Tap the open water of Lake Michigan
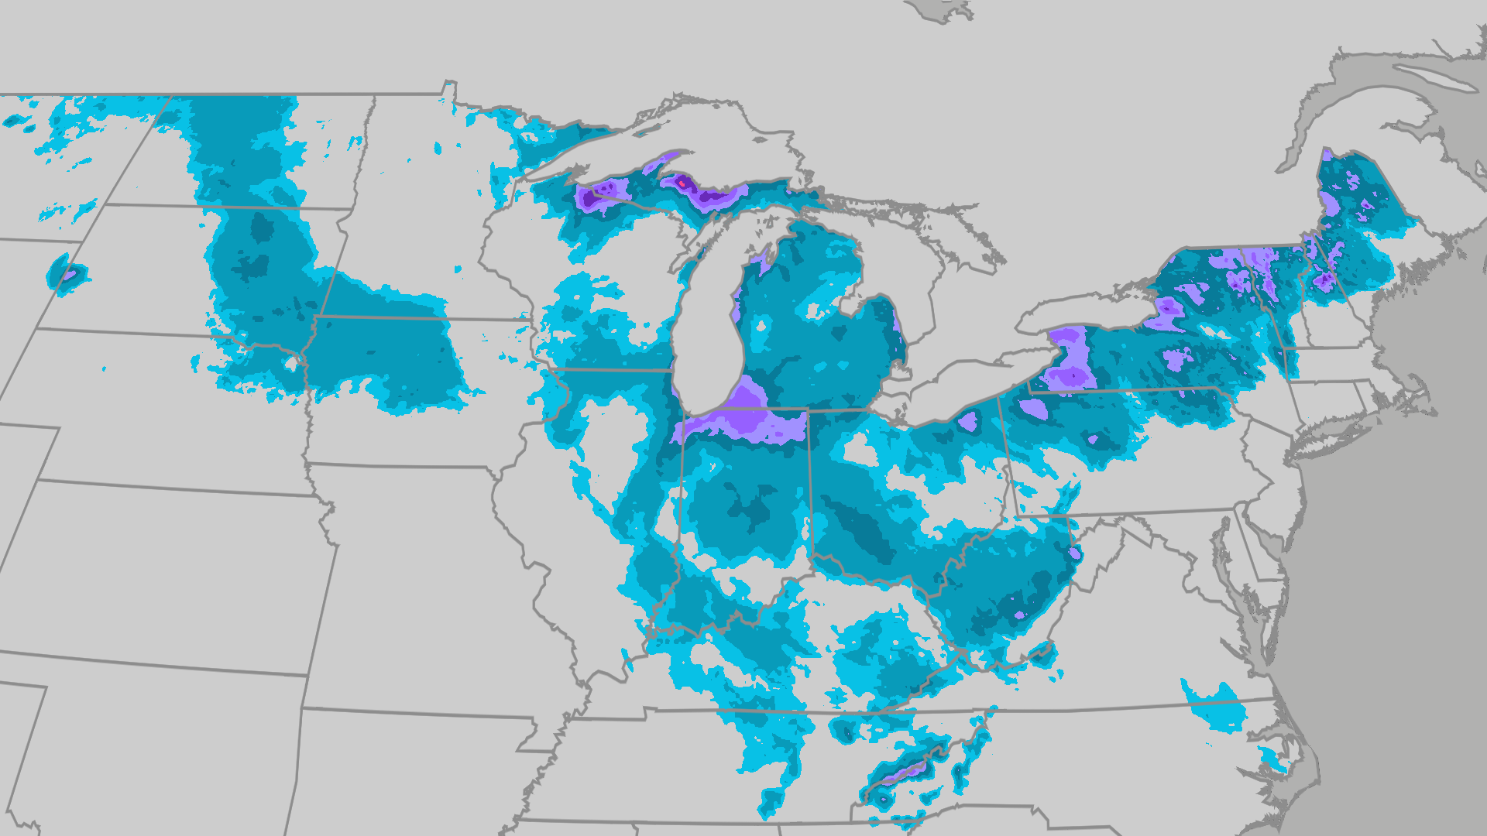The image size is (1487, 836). click(x=709, y=325)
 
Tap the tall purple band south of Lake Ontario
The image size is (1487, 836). click(x=1073, y=360)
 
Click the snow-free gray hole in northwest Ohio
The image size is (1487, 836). click(x=860, y=449)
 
